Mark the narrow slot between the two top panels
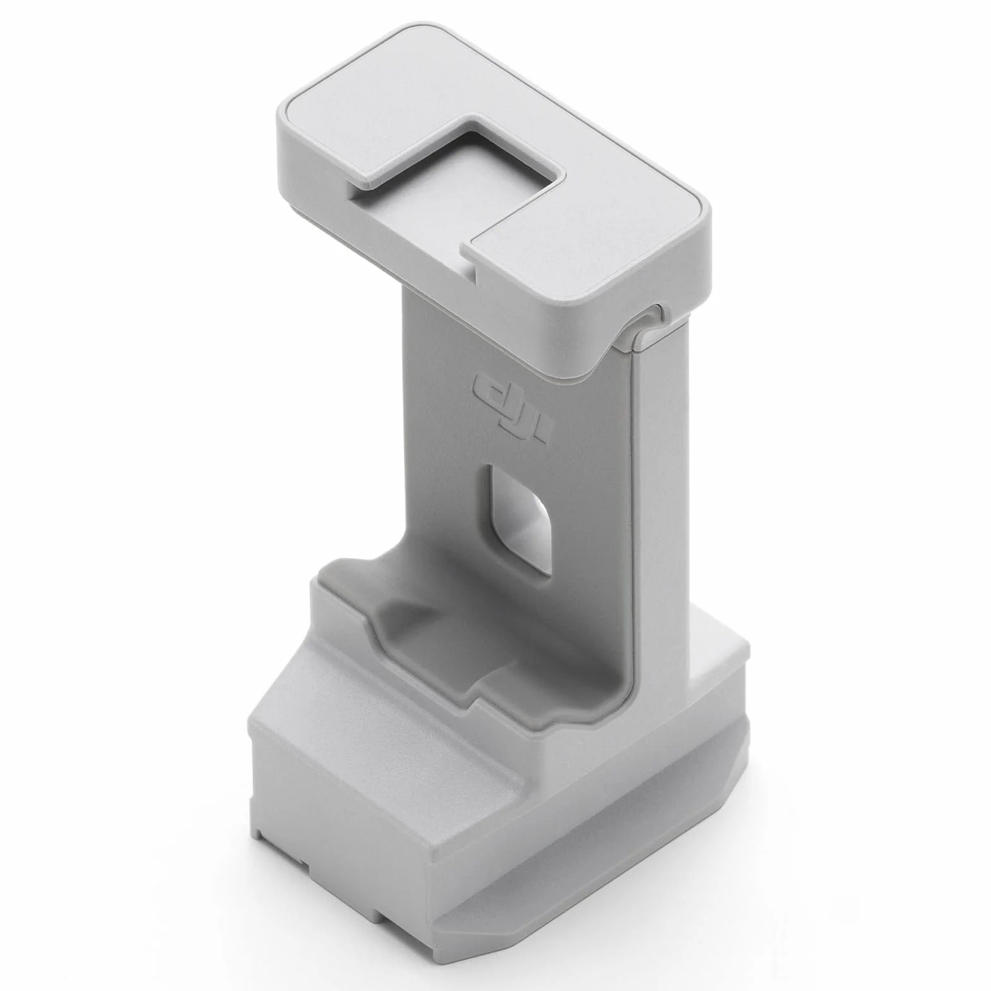[471, 253]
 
